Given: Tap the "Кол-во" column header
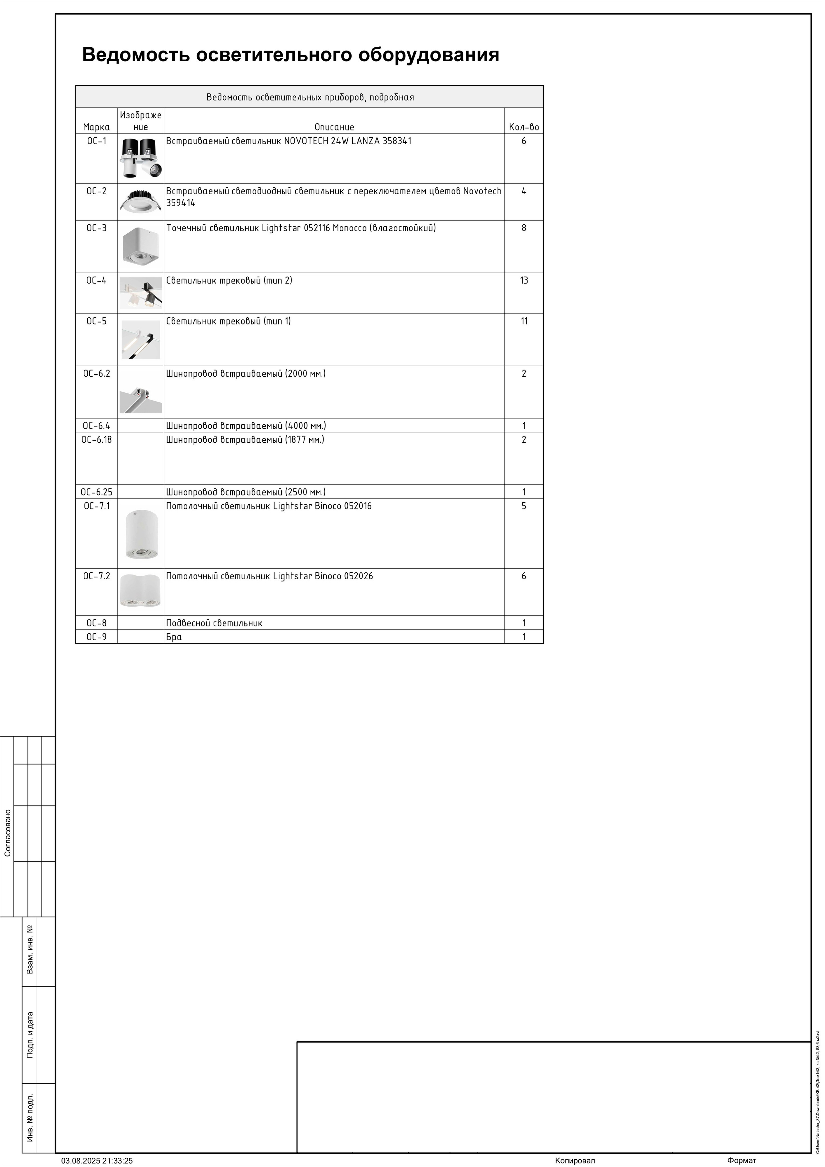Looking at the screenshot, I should (x=524, y=127).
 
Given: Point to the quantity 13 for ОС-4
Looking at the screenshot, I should (x=524, y=281).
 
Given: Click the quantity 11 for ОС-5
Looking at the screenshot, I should (x=524, y=321).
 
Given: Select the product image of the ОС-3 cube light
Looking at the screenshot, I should (x=141, y=247).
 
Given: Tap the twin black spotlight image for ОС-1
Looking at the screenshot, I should (x=141, y=158).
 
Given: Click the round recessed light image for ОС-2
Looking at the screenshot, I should (x=141, y=202).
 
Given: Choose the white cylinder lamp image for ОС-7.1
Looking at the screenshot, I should (x=141, y=534).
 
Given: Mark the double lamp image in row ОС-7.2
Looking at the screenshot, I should (x=141, y=591).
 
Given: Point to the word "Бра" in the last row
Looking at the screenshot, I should (x=174, y=637).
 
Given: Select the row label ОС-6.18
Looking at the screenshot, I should (x=97, y=440).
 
